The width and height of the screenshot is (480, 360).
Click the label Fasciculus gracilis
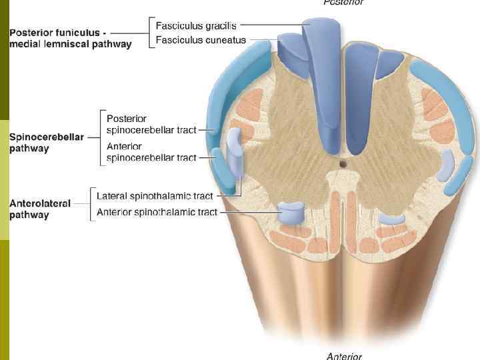[196, 26]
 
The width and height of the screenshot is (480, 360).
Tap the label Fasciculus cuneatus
[201, 41]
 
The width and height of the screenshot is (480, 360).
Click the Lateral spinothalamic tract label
[155, 197]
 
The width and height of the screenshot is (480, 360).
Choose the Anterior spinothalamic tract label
[157, 212]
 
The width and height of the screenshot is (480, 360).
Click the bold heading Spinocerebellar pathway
[46, 143]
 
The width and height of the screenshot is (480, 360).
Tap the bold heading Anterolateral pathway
[40, 209]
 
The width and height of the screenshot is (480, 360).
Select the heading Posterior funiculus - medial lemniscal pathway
[70, 38]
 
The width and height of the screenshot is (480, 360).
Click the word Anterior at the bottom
[344, 356]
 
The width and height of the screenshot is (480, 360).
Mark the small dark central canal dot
[343, 163]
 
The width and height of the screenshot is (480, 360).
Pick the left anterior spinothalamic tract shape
[291, 213]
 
